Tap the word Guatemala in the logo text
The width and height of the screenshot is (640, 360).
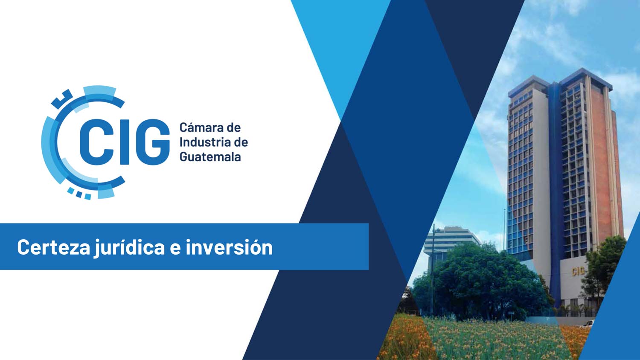[x=210, y=157]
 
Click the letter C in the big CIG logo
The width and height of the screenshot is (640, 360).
[x=93, y=142]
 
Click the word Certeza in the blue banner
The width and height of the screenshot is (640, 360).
[x=53, y=247]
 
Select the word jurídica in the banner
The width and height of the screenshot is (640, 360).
[x=129, y=248]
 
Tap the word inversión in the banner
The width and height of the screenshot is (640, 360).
[x=229, y=247]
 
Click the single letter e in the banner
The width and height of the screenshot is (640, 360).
[x=175, y=249]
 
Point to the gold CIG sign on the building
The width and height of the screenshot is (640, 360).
[x=578, y=271]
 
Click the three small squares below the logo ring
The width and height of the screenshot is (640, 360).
[x=79, y=193]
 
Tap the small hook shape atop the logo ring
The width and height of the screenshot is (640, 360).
[x=61, y=98]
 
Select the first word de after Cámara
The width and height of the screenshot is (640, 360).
[x=234, y=128]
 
